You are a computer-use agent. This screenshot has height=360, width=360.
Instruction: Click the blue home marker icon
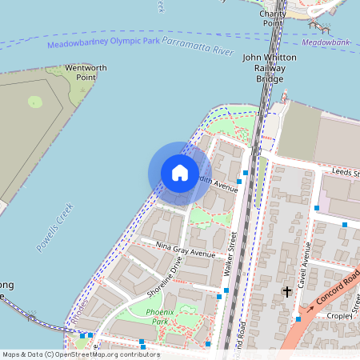point(180,173)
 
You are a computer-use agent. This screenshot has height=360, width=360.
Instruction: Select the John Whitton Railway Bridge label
point(270,68)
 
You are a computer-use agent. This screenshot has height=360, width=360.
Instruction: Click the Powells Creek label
point(54,228)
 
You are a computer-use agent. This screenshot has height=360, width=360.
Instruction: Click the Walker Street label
point(231,254)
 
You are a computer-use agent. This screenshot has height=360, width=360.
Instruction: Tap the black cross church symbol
point(286,292)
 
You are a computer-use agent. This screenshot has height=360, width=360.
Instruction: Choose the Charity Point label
point(273,18)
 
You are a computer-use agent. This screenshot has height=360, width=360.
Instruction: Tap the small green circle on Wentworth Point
point(34,102)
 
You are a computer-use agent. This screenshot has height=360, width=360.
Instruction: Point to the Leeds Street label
point(346,172)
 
